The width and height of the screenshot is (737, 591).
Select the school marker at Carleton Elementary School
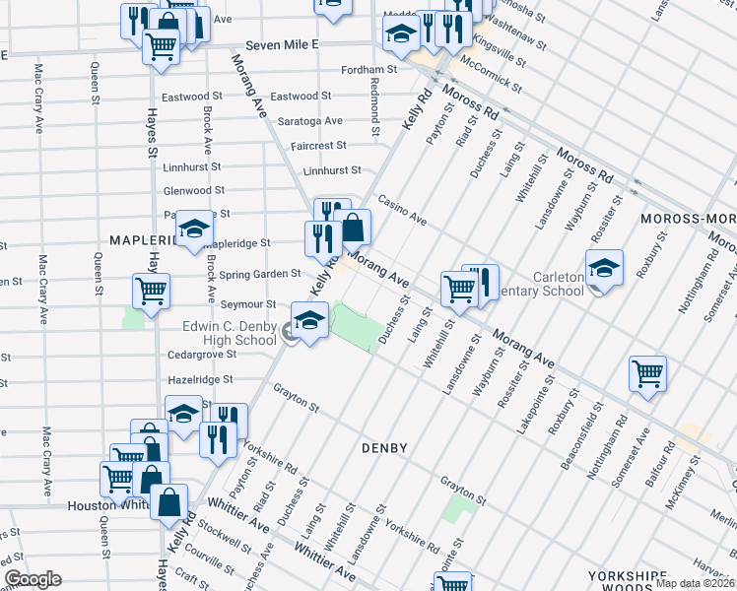click(x=604, y=267)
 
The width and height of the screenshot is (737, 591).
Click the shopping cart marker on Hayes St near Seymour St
click(x=151, y=291)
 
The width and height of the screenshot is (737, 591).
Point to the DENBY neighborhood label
click(x=384, y=448)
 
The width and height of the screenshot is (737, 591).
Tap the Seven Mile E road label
click(x=283, y=45)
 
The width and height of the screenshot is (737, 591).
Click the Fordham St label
click(x=368, y=70)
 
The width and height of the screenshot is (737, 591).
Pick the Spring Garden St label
click(x=260, y=274)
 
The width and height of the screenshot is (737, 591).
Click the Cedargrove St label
click(x=203, y=354)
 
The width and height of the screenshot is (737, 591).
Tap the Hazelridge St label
click(x=199, y=378)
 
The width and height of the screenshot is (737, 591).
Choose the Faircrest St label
click(x=318, y=145)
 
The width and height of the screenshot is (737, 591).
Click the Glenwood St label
click(x=194, y=190)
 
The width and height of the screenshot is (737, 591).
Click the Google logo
click(x=33, y=579)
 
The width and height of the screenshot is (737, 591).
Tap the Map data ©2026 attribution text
click(x=694, y=583)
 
